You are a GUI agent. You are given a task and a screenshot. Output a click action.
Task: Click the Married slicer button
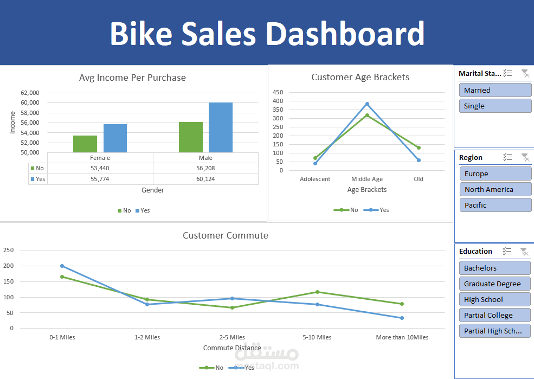495,90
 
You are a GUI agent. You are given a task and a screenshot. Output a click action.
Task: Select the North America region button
495,189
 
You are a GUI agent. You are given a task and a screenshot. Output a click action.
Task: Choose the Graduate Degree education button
495,284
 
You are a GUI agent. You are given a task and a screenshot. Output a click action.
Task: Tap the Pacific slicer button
495,205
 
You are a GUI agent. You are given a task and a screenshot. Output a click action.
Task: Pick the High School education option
495,299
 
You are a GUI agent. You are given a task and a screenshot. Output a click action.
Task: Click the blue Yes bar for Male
221,127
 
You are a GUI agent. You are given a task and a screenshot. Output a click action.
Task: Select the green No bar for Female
85,144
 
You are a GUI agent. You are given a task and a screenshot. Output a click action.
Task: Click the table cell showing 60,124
205,179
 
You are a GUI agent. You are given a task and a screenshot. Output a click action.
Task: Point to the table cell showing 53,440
100,168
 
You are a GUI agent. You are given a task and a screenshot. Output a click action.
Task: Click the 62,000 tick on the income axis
30,93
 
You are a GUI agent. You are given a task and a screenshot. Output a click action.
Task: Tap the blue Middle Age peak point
367,104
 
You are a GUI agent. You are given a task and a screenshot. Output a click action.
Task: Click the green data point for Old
419,147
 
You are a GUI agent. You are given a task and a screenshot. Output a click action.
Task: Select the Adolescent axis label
315,179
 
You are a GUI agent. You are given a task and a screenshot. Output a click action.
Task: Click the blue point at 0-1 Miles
62,266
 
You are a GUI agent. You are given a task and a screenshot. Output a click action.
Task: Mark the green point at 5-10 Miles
317,292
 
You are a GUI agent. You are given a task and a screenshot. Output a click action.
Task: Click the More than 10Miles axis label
402,337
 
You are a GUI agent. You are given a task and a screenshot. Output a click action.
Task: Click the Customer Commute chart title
225,235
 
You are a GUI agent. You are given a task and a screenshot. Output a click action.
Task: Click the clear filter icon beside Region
525,157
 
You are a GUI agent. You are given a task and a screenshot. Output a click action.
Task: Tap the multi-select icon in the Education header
507,251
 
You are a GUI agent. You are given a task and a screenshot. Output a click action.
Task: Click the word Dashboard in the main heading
344,34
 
